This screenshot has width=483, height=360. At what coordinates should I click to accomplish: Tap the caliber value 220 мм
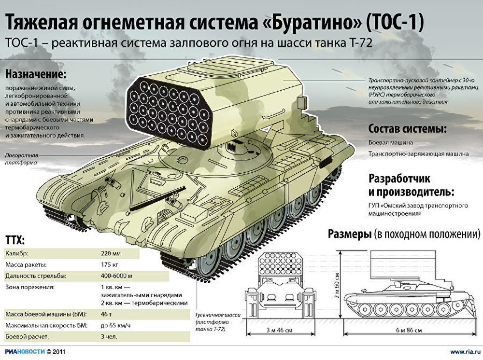tap(111, 254)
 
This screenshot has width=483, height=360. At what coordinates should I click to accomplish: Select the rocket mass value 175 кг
tap(110, 265)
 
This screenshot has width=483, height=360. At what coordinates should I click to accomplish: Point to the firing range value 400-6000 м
tap(117, 276)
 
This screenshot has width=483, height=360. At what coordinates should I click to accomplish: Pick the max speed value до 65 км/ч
tap(116, 325)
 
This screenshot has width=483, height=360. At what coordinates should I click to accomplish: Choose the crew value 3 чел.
tap(109, 337)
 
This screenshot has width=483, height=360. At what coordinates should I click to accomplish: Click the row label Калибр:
tap(17, 254)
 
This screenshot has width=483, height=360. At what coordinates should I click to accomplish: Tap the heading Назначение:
tap(36, 74)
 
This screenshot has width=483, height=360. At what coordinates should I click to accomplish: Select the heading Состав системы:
tap(408, 129)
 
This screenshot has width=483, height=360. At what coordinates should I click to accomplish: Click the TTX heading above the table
tap(15, 240)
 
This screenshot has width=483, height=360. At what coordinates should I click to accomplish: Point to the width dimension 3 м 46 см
tap(279, 331)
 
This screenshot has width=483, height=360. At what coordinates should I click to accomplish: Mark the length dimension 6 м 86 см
tap(409, 331)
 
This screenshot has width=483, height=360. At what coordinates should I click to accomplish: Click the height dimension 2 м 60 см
tap(337, 285)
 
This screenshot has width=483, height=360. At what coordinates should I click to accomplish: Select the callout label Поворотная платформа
tap(22, 159)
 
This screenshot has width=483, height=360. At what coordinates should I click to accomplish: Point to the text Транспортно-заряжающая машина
tap(419, 153)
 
